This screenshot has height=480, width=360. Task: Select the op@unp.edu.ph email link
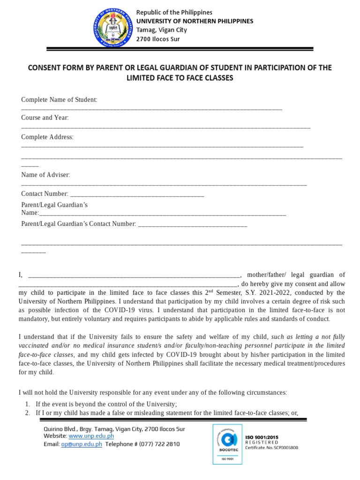pyautogui.click(x=82, y=444)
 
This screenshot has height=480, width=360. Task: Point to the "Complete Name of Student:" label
pyautogui.click(x=59, y=99)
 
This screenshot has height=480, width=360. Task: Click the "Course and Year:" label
pyautogui.click(x=45, y=117)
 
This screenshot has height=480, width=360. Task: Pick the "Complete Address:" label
pyautogui.click(x=47, y=137)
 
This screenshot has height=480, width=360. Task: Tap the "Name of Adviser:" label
pyautogui.click(x=45, y=175)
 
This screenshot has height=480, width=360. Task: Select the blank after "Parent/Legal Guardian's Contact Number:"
pyautogui.click(x=192, y=225)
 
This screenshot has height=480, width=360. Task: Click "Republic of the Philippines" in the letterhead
pyautogui.click(x=174, y=12)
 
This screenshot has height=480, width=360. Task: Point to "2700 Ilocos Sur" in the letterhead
pyautogui.click(x=157, y=39)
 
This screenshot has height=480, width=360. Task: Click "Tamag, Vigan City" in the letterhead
pyautogui.click(x=161, y=30)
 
